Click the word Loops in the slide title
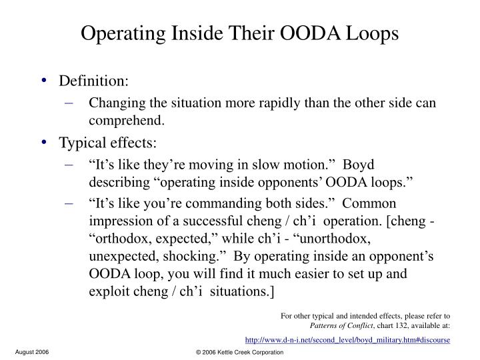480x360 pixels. coord(367,32)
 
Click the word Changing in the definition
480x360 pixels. coord(113,103)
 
